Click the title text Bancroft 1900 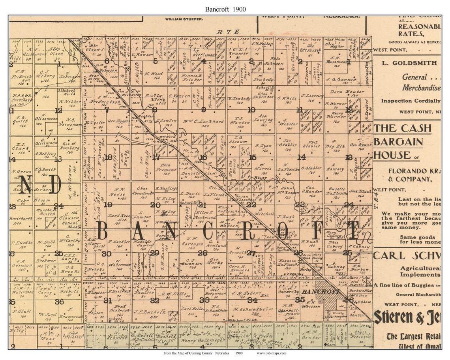[x=225, y=9]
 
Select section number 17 [x=156, y=157]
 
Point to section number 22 [x=251, y=204]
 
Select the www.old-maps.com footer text [x=272, y=353]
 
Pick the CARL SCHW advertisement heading [x=407, y=255]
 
